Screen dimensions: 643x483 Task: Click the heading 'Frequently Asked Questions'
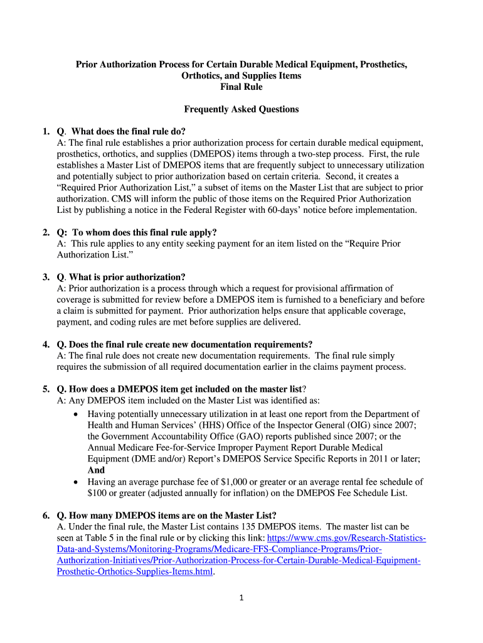pos(242,109)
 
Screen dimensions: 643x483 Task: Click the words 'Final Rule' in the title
pos(242,87)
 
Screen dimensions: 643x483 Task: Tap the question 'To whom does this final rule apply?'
pos(144,232)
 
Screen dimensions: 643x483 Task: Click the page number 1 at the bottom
pos(242,597)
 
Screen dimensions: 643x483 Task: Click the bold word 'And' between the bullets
pos(96,470)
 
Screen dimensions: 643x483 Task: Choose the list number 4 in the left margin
pos(46,344)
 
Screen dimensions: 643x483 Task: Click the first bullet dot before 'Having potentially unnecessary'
pos(76,414)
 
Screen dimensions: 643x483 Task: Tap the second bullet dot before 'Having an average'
pos(76,482)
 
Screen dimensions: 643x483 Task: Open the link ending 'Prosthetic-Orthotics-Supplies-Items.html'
pos(135,572)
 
